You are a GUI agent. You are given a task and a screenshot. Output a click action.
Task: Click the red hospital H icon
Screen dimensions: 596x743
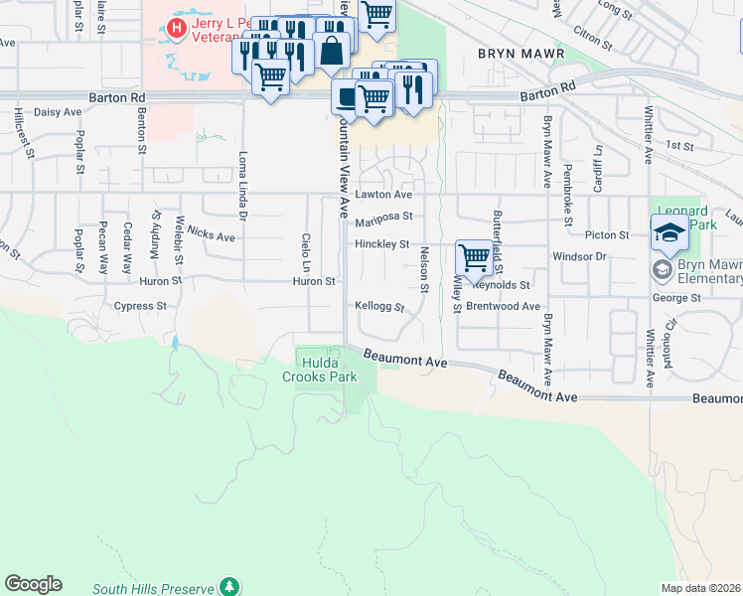[176, 28]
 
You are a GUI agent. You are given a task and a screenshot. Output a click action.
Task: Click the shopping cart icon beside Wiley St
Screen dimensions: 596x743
[475, 257]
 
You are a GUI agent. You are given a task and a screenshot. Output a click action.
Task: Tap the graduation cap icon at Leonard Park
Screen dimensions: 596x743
[670, 233]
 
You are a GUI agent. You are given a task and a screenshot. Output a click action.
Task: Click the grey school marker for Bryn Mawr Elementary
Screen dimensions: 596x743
[661, 270]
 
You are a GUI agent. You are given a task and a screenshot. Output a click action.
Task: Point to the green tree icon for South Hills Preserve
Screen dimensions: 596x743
[230, 587]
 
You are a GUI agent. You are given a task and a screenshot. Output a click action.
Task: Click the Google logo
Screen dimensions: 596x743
[33, 584]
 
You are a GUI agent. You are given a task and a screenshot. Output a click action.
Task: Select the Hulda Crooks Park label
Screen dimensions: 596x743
[318, 370]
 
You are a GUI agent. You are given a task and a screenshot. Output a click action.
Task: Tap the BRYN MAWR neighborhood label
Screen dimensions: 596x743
[520, 54]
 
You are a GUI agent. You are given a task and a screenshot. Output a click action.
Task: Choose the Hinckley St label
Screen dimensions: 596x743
[382, 243]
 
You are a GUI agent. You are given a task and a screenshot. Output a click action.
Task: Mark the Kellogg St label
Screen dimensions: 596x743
[379, 308]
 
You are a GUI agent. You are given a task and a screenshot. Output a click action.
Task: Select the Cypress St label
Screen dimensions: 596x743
[140, 306]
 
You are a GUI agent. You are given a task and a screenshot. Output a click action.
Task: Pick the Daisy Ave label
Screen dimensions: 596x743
[56, 113]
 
